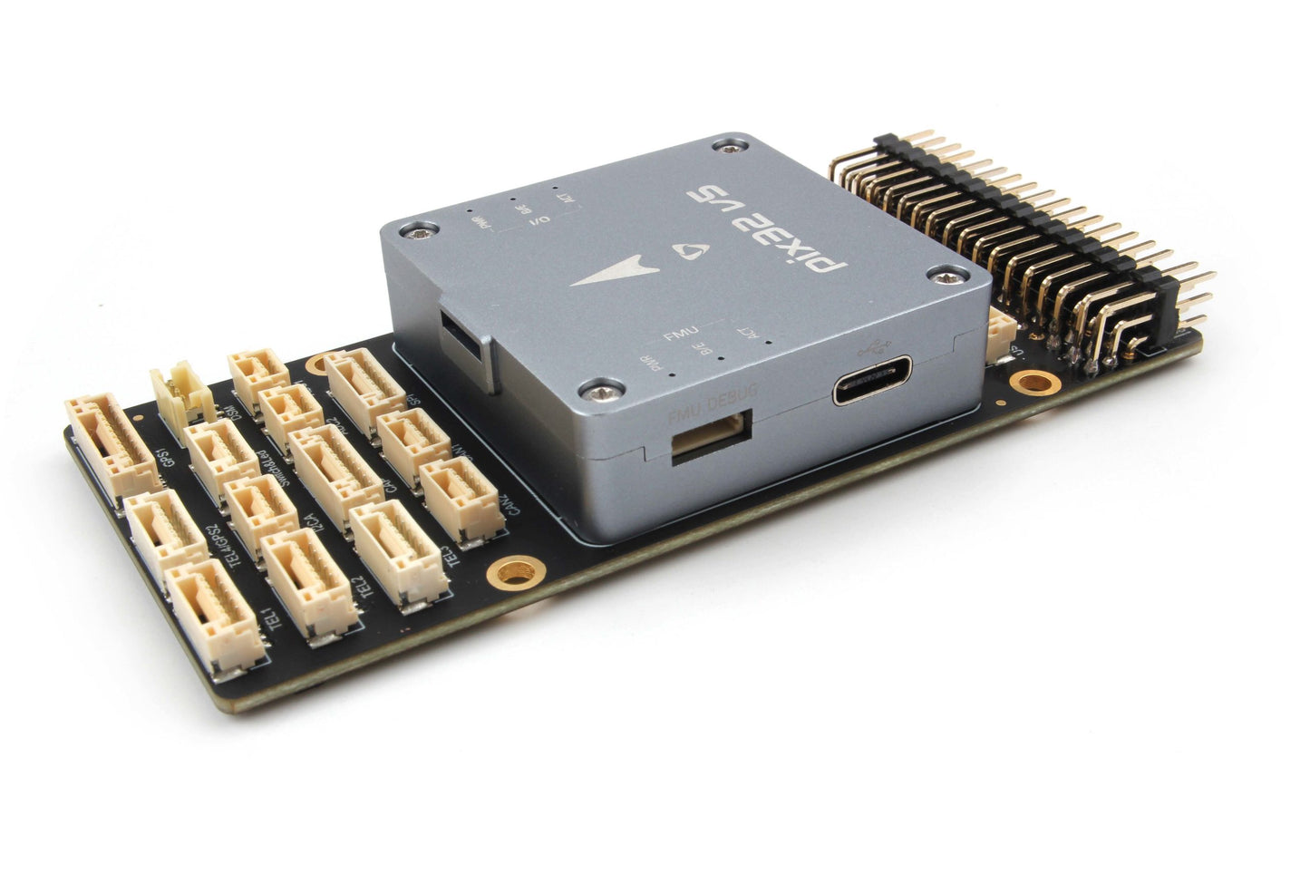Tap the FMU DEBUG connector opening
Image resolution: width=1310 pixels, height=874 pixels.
pos(710,436)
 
